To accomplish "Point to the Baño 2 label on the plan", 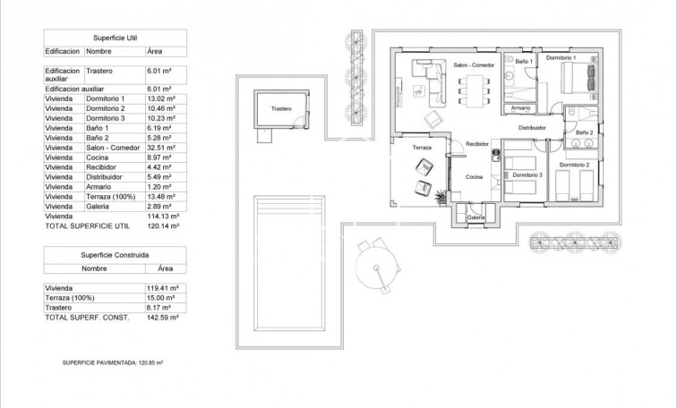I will tap(584, 132).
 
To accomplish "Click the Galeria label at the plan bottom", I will tap(476, 217).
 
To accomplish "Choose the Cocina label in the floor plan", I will tap(474, 176).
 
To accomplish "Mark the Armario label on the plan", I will tap(520, 108).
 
